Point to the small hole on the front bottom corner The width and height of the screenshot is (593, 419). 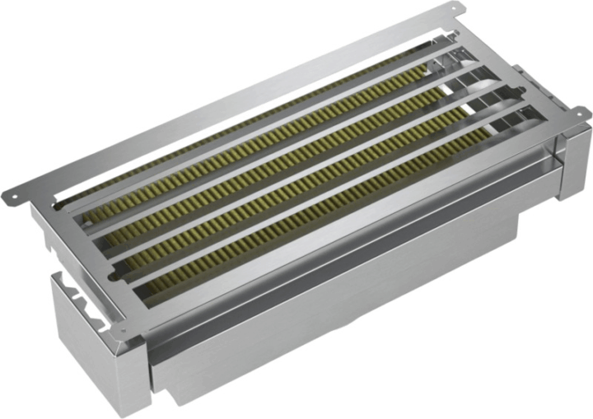(x=123, y=333)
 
